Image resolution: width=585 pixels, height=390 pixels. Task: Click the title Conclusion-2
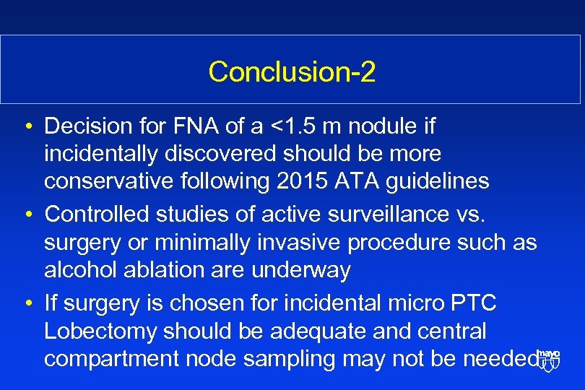coord(292,71)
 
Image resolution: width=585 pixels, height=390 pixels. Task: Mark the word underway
coord(300,269)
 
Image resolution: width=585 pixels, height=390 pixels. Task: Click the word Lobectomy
coord(100,331)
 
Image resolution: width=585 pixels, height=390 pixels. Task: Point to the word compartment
coord(108,359)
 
